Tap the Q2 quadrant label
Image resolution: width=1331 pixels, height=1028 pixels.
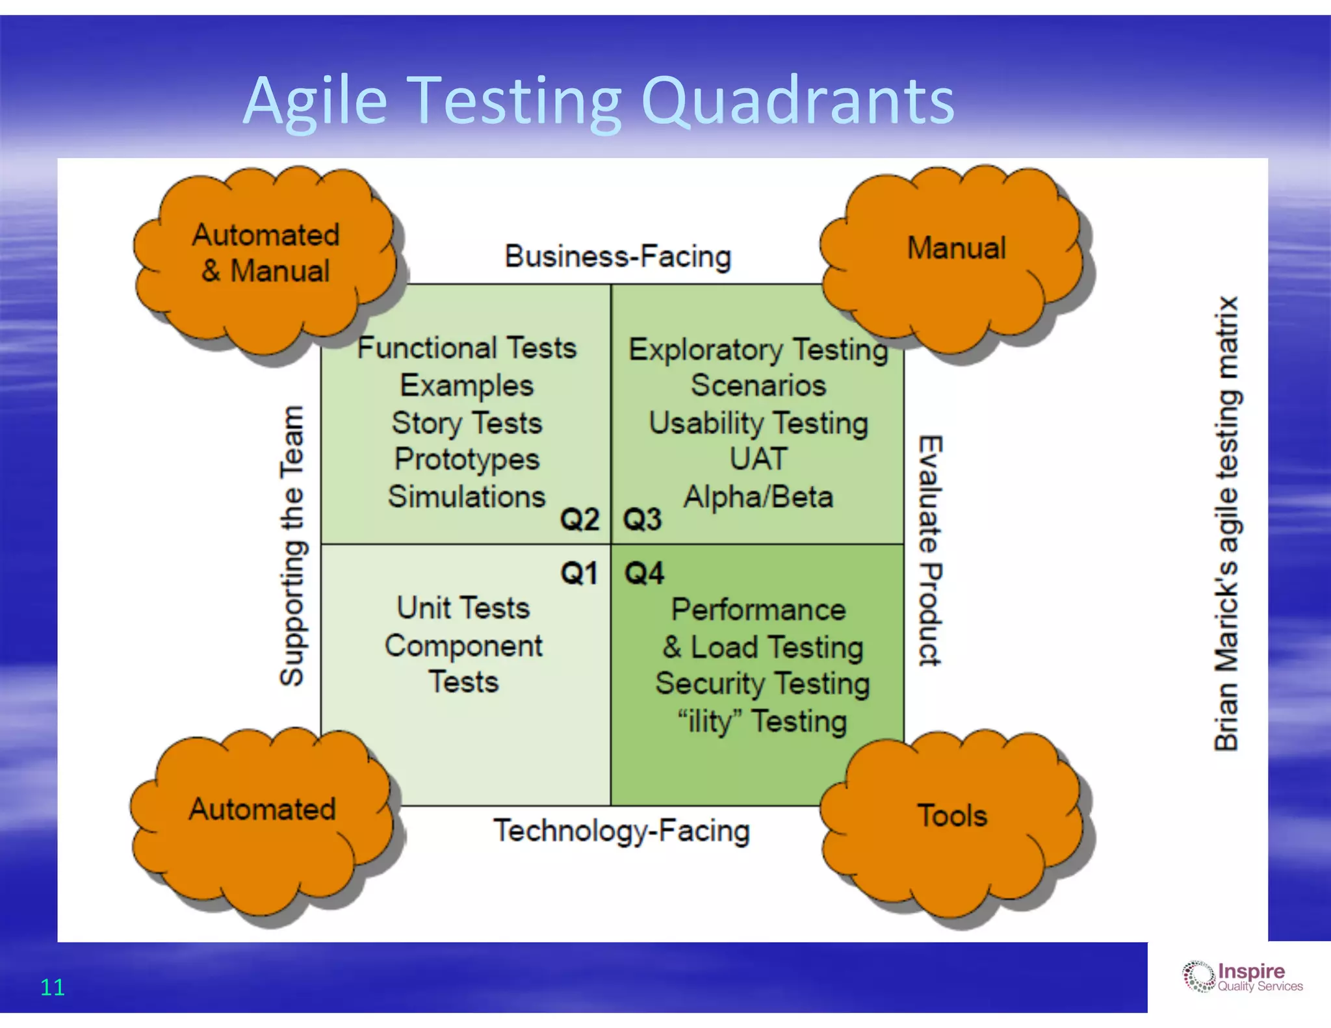(580, 519)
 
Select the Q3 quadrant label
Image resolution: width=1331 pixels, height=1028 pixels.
(642, 519)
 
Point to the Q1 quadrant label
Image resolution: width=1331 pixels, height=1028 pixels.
(579, 574)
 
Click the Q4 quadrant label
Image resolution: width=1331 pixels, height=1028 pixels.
(644, 574)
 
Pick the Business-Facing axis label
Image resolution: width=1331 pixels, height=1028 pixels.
(618, 257)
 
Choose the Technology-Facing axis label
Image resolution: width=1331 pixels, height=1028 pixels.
(621, 831)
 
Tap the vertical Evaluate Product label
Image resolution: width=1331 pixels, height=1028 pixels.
(930, 550)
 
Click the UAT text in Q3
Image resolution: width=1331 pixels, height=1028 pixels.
(758, 459)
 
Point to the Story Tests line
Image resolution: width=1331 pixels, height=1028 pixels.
(467, 423)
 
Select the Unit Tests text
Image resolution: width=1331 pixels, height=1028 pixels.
(463, 608)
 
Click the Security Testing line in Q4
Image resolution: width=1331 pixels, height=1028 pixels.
(762, 684)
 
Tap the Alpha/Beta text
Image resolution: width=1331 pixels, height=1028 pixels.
(758, 497)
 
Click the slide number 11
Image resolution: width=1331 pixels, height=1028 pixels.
(52, 987)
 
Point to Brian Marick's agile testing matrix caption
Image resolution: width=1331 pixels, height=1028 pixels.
(1226, 524)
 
